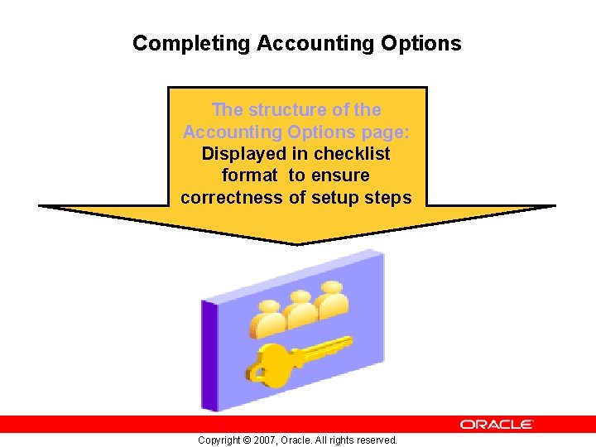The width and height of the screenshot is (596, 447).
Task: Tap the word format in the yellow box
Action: pos(250,175)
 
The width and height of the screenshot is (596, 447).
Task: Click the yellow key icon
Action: pos(294,359)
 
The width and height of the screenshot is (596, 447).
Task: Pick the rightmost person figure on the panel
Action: pos(333,298)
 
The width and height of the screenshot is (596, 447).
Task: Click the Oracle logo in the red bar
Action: pos(497,424)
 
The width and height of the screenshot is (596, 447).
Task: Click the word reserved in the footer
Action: pos(376,440)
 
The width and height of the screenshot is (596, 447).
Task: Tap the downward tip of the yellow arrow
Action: pos(296,243)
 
